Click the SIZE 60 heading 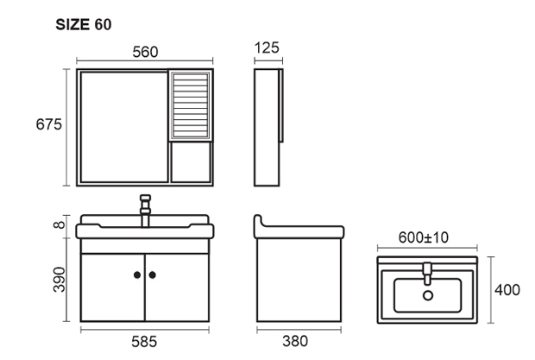pos(84,24)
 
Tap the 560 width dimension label pos(145,52)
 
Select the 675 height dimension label pos(49,124)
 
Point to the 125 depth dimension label pos(267,47)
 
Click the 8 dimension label pos(60,224)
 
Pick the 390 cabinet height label pos(60,280)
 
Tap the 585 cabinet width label pos(144,342)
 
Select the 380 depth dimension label pos(295,341)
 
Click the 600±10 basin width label pos(424,237)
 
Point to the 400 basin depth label pos(507,290)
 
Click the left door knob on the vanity pos(137,275)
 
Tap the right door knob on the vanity pos(153,275)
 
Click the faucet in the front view pos(145,211)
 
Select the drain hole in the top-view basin pos(428,295)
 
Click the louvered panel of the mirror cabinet pos(191,105)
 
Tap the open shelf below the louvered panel pos(191,162)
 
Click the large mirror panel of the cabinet pos(124,127)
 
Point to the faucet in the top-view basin pos(427,274)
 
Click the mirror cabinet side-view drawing pos(268,127)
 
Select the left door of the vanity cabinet pos(112,287)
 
